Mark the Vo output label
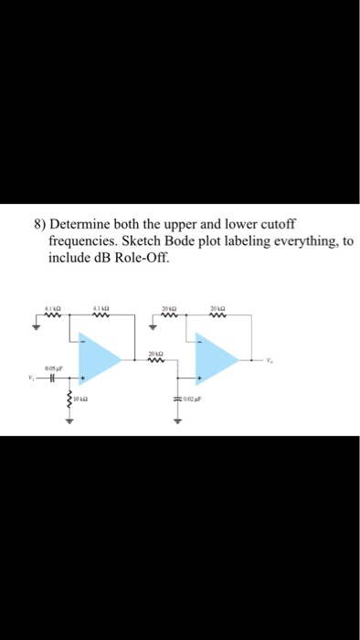[x=269, y=359]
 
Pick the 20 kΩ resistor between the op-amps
[x=157, y=359]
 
